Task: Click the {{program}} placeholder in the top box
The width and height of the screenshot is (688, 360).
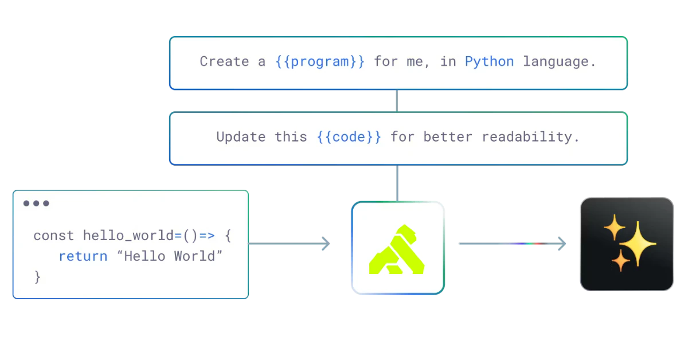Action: click(320, 62)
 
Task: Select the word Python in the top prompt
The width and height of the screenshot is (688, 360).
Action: click(489, 62)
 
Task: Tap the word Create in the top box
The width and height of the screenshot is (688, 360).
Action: click(224, 62)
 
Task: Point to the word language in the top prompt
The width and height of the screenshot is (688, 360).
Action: click(560, 62)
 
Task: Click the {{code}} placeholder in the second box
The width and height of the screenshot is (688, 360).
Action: click(349, 137)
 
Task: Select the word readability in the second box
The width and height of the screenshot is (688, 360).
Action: click(530, 137)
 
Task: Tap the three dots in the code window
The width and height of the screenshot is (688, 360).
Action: click(36, 204)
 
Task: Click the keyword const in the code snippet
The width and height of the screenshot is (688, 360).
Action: click(54, 236)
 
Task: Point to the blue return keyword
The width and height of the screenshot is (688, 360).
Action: click(83, 256)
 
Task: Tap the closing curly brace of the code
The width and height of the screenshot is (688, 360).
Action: click(38, 276)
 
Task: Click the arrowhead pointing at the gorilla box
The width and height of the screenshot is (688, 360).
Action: click(325, 243)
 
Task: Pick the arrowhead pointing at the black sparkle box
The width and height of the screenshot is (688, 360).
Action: click(561, 243)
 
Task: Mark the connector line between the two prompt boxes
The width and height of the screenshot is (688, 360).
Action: click(397, 101)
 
